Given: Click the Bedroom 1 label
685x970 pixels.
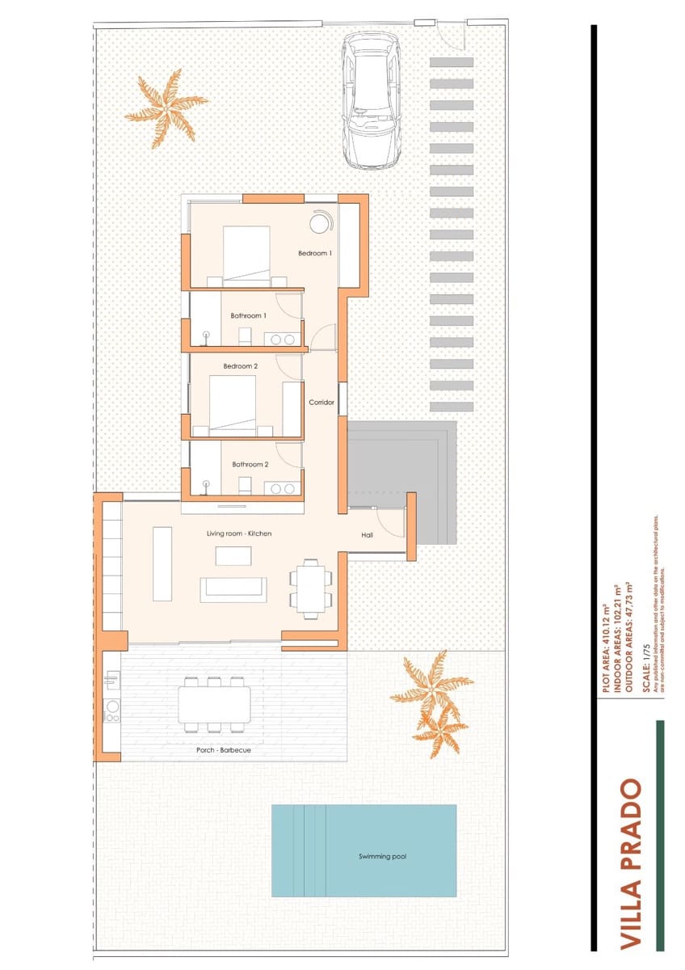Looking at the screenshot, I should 315,253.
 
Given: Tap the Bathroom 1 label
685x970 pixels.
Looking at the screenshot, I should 247,315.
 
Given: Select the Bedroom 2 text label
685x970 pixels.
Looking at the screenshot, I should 240,366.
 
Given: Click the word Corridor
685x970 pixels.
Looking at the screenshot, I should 321,402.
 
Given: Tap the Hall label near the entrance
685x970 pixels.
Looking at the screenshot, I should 367,535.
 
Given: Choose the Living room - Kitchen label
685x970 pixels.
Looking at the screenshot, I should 239,533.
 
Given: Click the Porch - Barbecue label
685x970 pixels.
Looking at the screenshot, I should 224,750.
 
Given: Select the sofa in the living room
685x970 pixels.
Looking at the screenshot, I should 233,589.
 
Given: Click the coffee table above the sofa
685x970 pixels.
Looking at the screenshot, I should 233,556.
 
